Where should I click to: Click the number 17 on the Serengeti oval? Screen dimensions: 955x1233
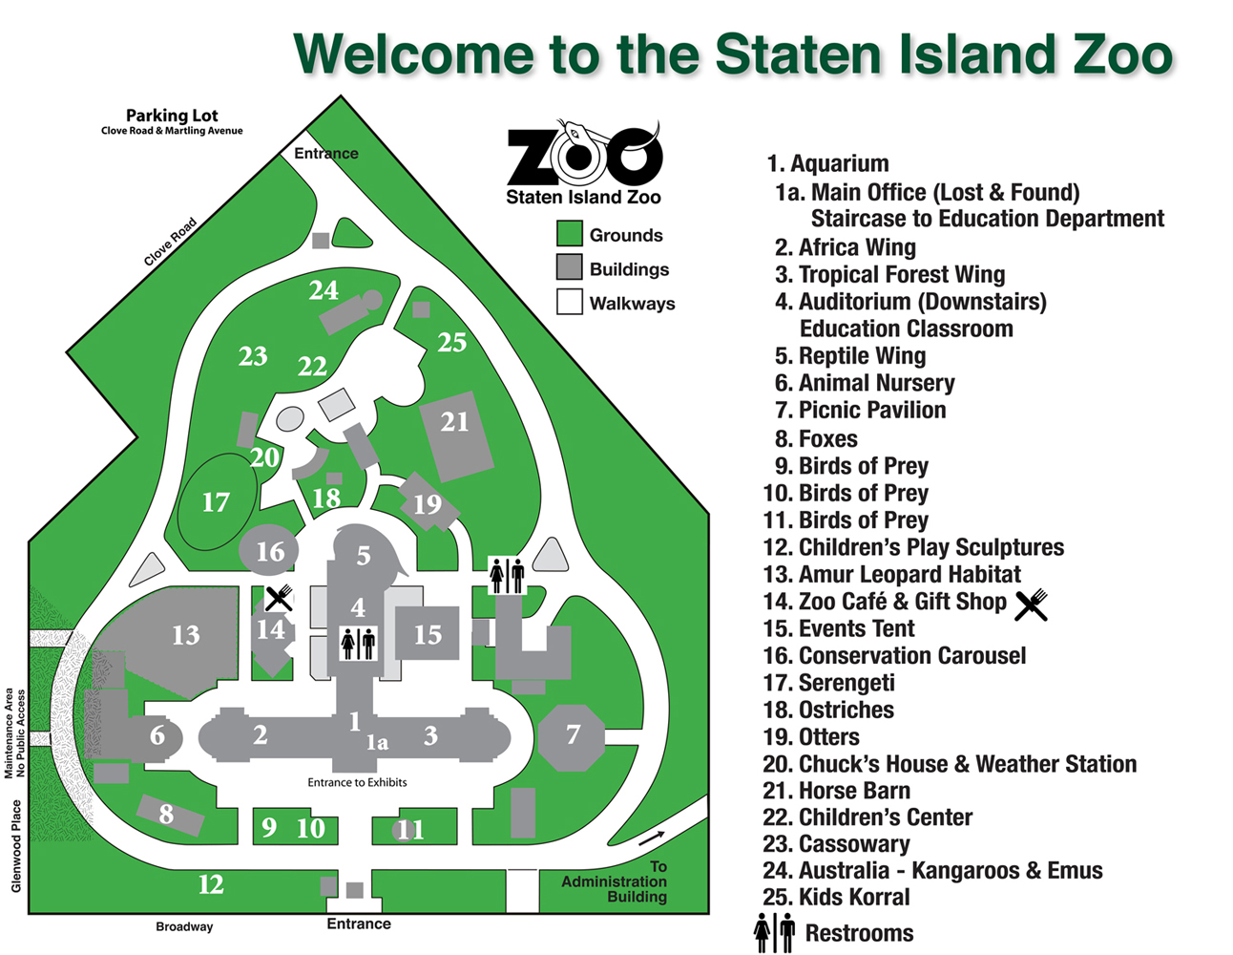click(x=216, y=502)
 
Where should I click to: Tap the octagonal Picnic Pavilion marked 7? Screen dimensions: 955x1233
click(x=572, y=734)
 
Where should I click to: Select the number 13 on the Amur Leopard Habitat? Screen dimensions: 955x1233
click(x=185, y=635)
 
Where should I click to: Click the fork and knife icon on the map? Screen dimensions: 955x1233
click(x=278, y=599)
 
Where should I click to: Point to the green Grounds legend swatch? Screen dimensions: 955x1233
click(x=570, y=234)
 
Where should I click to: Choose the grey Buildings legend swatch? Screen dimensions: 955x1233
click(x=570, y=267)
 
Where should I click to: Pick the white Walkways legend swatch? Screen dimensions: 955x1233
click(x=570, y=302)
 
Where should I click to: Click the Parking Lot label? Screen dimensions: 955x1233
click(x=172, y=116)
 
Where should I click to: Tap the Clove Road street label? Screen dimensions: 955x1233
click(x=170, y=242)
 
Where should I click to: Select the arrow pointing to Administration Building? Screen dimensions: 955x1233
click(x=652, y=838)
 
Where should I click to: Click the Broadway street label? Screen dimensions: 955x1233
click(x=184, y=926)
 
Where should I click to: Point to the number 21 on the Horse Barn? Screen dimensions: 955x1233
click(x=455, y=421)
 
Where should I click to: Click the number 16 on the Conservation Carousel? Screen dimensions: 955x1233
click(x=270, y=551)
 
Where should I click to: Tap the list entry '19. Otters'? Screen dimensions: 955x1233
click(x=811, y=737)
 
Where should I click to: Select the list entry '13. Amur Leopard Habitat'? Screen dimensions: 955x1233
click(x=891, y=574)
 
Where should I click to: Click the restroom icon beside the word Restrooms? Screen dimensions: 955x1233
click(x=774, y=932)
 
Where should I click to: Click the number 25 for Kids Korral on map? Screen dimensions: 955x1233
click(x=451, y=342)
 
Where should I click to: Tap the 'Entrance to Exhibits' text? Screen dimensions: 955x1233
click(x=357, y=782)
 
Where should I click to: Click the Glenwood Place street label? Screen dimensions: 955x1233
click(x=16, y=846)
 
